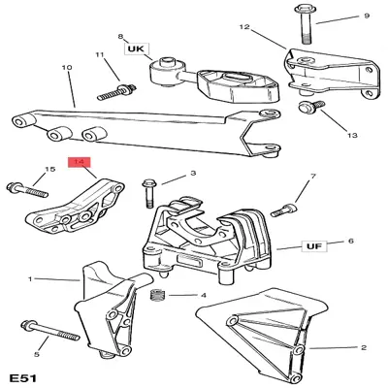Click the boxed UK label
(x=133, y=47)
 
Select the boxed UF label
(x=312, y=247)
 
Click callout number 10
(x=67, y=67)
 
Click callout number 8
(x=120, y=34)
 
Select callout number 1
(x=30, y=280)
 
